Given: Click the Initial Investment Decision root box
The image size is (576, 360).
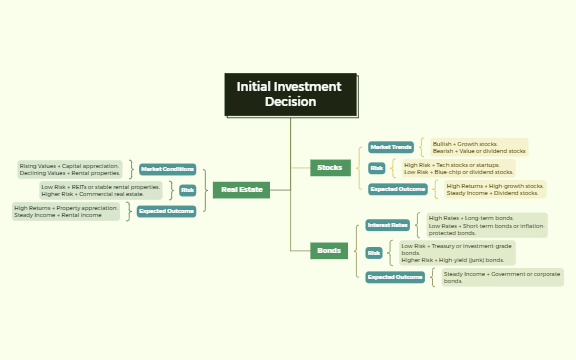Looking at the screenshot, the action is click(289, 94).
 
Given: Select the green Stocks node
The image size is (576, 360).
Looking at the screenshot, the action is click(329, 167).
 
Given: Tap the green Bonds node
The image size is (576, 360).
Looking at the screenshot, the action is click(328, 250).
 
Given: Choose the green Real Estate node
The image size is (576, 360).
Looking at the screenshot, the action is click(241, 189).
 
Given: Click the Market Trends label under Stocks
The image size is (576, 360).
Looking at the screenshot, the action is click(390, 147).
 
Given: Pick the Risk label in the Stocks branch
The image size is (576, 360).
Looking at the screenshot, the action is click(376, 168).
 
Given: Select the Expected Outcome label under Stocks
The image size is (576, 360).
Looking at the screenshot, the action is click(397, 189).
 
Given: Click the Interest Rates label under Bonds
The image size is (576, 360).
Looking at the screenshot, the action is click(386, 225).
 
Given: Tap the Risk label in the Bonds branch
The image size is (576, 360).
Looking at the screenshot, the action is click(373, 253).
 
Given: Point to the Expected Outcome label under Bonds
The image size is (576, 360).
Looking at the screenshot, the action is click(395, 277).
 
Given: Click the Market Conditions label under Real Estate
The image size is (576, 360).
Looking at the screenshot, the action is click(167, 169).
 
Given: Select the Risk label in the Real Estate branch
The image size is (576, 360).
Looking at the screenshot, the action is click(187, 190).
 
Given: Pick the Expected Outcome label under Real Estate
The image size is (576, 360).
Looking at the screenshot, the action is click(166, 211).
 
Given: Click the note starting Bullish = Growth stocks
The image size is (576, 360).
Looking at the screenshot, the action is click(478, 148).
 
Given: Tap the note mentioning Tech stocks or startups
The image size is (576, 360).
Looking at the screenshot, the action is click(457, 168).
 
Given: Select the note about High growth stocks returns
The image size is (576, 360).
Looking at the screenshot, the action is click(494, 189).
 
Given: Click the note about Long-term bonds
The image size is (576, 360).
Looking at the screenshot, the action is click(486, 225).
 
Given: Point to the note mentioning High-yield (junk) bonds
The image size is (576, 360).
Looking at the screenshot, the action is click(456, 253).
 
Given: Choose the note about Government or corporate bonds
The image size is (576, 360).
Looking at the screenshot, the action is click(502, 277).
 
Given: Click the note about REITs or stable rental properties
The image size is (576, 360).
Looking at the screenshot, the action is click(100, 190).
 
